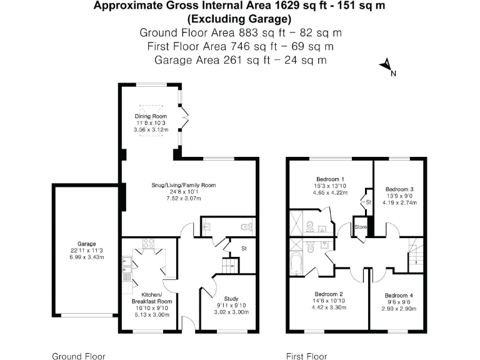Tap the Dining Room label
click(151, 117)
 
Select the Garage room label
click(86, 244)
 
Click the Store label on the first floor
click(361, 226)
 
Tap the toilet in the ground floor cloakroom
click(248, 227)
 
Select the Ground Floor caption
click(77, 356)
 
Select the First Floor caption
click(306, 356)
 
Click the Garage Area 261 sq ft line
click(240, 60)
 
